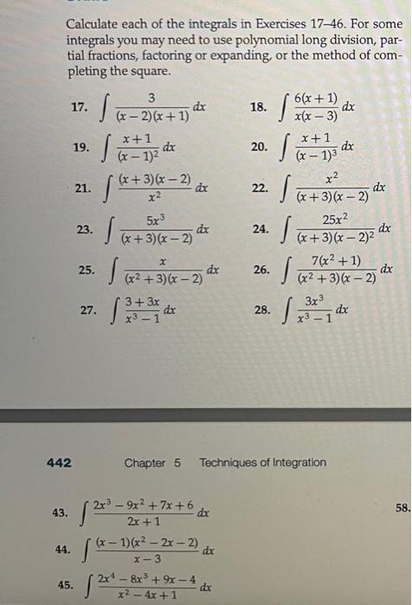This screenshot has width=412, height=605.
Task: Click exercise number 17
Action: tap(80, 108)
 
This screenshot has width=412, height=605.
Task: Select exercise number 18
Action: tap(258, 108)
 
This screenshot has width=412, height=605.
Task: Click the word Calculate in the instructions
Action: tap(96, 25)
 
